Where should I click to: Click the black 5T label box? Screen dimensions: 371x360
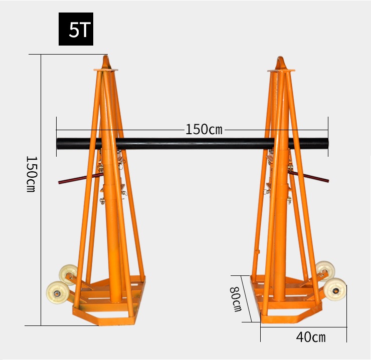point(76,29)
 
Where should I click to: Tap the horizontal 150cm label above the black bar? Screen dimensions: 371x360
point(204,130)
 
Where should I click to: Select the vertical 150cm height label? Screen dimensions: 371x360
point(31,174)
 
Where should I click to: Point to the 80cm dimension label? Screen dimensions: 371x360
point(236,299)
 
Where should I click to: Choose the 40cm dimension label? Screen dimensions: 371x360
point(311,337)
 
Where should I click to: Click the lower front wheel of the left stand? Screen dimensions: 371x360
point(58,292)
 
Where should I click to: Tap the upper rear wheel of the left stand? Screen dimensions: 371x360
point(68,273)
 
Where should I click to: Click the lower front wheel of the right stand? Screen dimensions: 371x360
point(334,289)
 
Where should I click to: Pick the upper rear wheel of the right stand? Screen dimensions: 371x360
point(325,270)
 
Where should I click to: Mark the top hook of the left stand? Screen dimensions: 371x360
point(106,62)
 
